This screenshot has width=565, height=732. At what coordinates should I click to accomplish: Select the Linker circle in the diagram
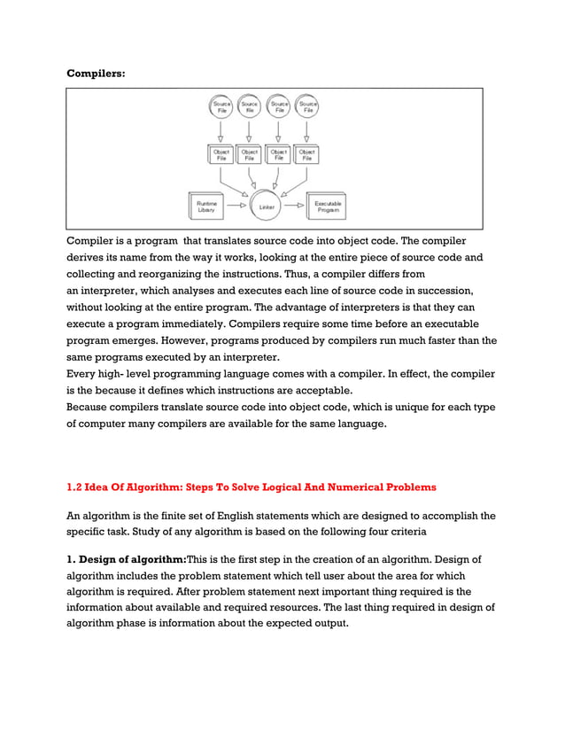point(266,206)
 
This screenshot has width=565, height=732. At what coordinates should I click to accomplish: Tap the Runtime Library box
point(207,206)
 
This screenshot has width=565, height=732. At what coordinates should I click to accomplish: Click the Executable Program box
point(326,206)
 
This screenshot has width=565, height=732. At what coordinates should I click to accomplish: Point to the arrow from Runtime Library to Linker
point(236,206)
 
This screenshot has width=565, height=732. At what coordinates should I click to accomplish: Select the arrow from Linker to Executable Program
point(295,206)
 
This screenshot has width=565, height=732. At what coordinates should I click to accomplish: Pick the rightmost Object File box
point(306,154)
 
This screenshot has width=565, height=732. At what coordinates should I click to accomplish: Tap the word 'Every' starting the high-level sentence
point(82,374)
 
